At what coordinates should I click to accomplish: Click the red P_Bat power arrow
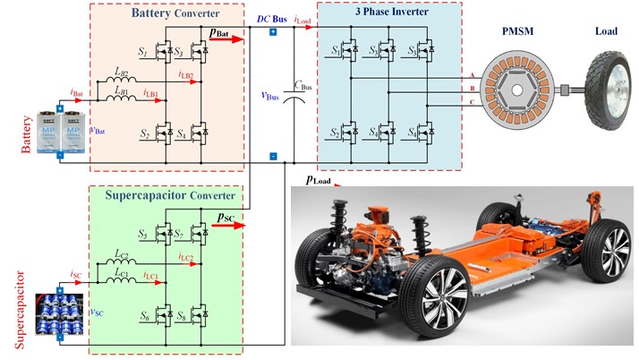[x=227, y=39]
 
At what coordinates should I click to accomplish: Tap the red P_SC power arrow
[x=230, y=225]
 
